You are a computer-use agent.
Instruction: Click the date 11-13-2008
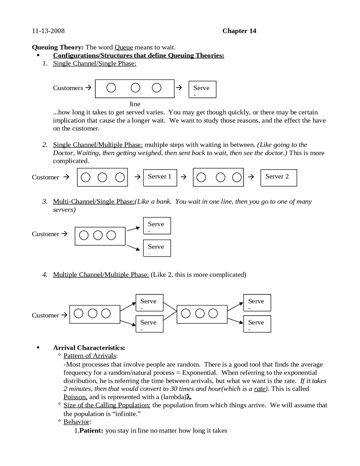coord(48,31)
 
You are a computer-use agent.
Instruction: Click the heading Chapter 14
coord(239,31)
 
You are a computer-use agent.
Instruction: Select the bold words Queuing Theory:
coord(58,47)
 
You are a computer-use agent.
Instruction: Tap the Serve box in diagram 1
coord(202,89)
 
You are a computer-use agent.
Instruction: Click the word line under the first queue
coord(135,104)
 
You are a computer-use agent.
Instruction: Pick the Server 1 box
coord(160,178)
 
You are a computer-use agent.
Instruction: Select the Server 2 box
coord(278,178)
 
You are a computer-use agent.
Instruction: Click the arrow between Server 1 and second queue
coord(183,177)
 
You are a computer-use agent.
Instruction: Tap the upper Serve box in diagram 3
coord(157,225)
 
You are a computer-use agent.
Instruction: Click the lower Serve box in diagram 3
coord(157,248)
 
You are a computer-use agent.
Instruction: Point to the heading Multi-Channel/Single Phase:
coord(94,201)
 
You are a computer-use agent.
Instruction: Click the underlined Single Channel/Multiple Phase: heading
coord(98,145)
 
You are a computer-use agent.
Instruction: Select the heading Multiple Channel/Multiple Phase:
coord(101,275)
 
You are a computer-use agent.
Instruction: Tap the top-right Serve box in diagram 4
coord(257,303)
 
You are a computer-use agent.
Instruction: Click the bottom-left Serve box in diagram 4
coord(149,324)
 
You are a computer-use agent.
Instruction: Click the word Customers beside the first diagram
coord(68,88)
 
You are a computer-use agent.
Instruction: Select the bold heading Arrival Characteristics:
coord(89,348)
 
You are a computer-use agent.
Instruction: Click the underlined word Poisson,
coord(75,397)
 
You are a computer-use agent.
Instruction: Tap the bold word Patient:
coord(91,431)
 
